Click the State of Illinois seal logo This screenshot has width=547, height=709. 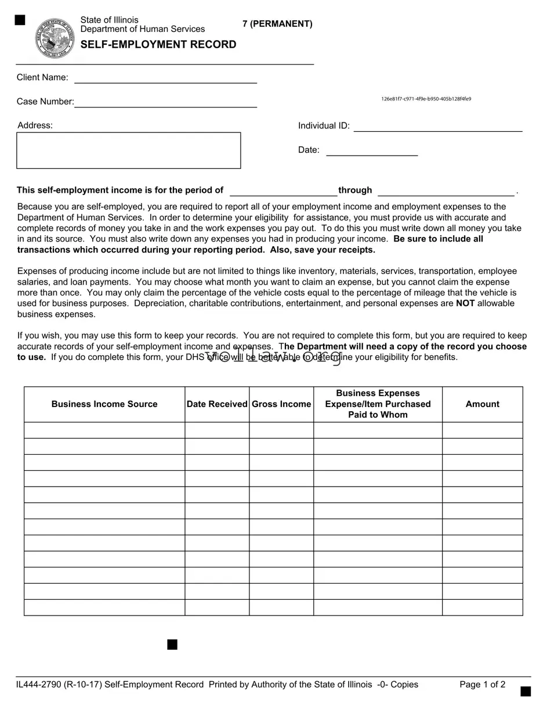pos(55,38)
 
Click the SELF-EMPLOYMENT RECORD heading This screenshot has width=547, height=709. pos(158,45)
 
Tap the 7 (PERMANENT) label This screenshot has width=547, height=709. pos(277,24)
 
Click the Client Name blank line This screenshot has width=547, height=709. pos(165,78)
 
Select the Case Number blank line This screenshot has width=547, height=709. pos(165,102)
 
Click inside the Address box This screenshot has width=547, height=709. pos(128,150)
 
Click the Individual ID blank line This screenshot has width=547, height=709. pos(438,127)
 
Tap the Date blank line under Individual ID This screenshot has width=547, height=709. pos(372,151)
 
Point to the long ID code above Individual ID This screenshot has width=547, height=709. pos(426,99)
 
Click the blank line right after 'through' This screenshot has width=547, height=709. pos(445,191)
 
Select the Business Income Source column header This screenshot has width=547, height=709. pos(104,404)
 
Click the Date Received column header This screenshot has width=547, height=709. pos(217,404)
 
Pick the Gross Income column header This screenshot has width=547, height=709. pos(281,404)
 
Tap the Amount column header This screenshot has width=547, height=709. pos(482,404)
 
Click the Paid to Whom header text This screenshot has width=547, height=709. pos(378,415)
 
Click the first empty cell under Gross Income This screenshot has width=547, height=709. pos(281,430)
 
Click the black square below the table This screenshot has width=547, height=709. pos(172,645)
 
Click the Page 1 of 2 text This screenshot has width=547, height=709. pos(482,685)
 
